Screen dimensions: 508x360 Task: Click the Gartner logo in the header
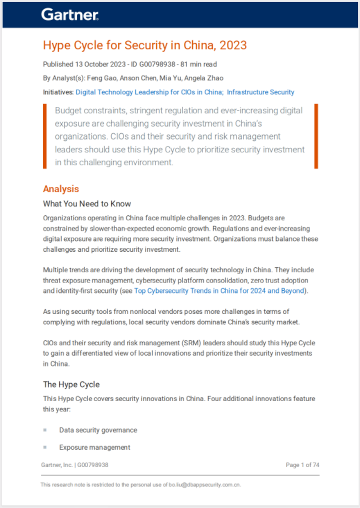pyautogui.click(x=70, y=14)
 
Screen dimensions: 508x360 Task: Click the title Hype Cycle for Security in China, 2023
pyautogui.click(x=145, y=45)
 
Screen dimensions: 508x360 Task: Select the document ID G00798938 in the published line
pyautogui.click(x=150, y=64)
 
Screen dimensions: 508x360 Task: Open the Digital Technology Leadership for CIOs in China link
pyautogui.click(x=149, y=92)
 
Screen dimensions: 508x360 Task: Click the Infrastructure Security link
pyautogui.click(x=260, y=92)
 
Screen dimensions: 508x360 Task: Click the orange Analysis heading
pyautogui.click(x=61, y=189)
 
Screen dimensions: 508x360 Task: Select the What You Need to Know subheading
pyautogui.click(x=87, y=203)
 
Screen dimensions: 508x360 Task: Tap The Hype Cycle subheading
pyautogui.click(x=71, y=384)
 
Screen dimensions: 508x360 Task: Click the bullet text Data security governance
pyautogui.click(x=98, y=430)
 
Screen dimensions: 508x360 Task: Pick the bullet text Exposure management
pyautogui.click(x=94, y=447)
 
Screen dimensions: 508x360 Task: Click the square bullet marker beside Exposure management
pyautogui.click(x=45, y=447)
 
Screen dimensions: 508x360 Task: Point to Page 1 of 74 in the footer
pyautogui.click(x=302, y=465)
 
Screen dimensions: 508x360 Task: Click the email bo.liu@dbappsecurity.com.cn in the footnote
pyautogui.click(x=202, y=485)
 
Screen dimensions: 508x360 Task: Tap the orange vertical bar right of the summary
pyautogui.click(x=316, y=136)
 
